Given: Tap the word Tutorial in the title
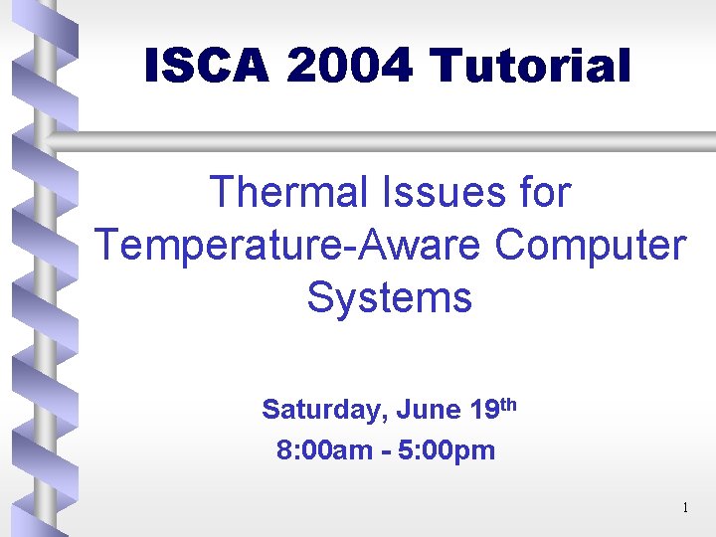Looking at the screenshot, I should (x=531, y=68).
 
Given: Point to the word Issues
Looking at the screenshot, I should (x=444, y=192).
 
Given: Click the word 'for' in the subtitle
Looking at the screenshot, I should (x=543, y=192).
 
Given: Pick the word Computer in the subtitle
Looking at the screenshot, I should (x=591, y=245).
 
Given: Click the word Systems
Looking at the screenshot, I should (x=389, y=297).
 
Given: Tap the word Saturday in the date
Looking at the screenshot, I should (x=322, y=410).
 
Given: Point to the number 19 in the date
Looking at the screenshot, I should (x=484, y=410).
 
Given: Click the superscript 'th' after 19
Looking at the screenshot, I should (x=507, y=404).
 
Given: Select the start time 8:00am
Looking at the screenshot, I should (x=324, y=451).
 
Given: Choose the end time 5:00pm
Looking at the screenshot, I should (x=447, y=451).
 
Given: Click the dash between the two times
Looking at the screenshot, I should (x=384, y=452).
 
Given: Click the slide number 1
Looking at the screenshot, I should (x=685, y=509).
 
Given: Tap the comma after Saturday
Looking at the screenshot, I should (x=385, y=416).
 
